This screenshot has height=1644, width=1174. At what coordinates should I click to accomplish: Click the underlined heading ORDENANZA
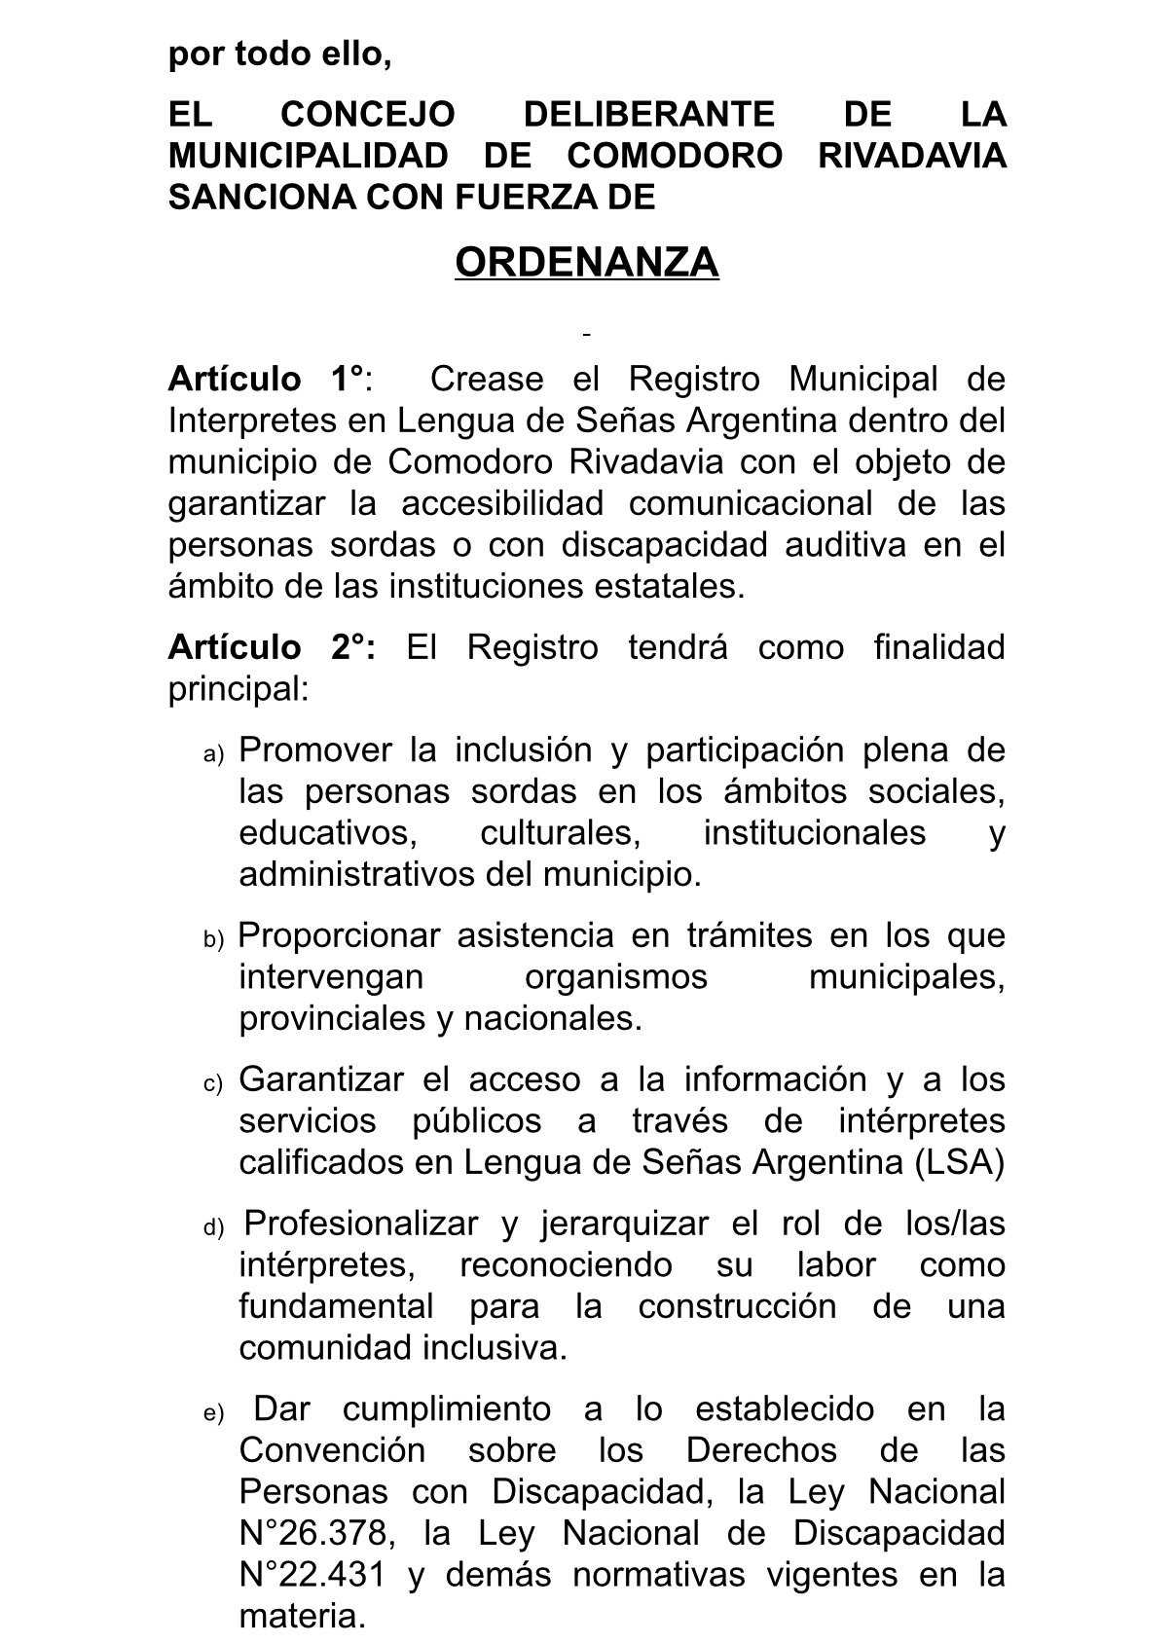586,263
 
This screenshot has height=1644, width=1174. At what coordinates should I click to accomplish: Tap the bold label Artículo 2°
270,647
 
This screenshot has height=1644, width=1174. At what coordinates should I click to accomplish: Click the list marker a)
213,753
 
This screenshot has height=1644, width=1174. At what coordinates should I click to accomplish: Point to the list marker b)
213,939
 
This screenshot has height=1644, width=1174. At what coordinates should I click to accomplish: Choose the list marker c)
213,1083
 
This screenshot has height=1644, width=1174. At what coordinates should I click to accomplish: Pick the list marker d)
213,1227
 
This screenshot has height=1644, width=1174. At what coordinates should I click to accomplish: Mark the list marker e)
213,1413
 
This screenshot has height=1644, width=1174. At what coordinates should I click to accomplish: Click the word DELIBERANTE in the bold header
648,115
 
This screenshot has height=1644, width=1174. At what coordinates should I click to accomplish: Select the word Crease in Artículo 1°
486,379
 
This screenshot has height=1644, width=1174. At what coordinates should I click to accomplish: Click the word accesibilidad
501,503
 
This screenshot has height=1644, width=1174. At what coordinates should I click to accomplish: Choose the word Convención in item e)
332,1450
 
